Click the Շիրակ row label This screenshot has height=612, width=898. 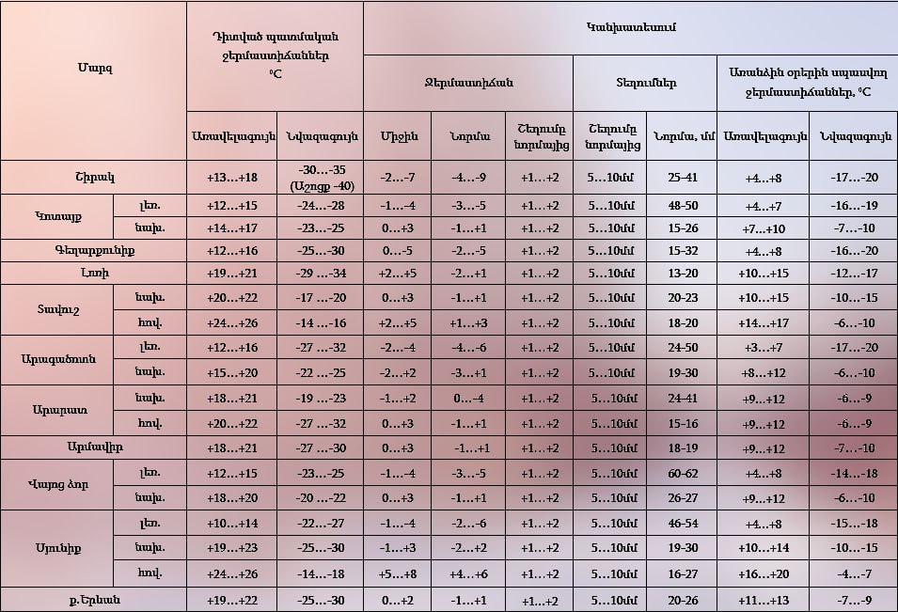pos(93,177)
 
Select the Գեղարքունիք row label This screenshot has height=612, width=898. pos(93,251)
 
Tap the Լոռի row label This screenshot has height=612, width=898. pos(93,274)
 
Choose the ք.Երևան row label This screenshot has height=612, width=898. pos(93,599)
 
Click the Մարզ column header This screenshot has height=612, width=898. pos(93,68)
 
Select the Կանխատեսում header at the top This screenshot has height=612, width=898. pos(630,28)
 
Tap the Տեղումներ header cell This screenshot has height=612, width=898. pos(645,83)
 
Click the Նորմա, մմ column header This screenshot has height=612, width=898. pos(682,136)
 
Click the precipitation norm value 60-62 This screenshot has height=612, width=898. pos(682,473)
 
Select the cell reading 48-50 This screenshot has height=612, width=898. pos(682,206)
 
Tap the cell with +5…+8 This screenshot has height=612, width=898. pos(398,573)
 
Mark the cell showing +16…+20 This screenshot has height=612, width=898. pos(764,573)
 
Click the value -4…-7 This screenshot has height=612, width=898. pos(853,573)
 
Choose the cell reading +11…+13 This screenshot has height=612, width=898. pos(764,599)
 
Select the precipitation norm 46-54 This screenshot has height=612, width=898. pos(682,524)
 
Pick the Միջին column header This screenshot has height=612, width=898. pos(398,136)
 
